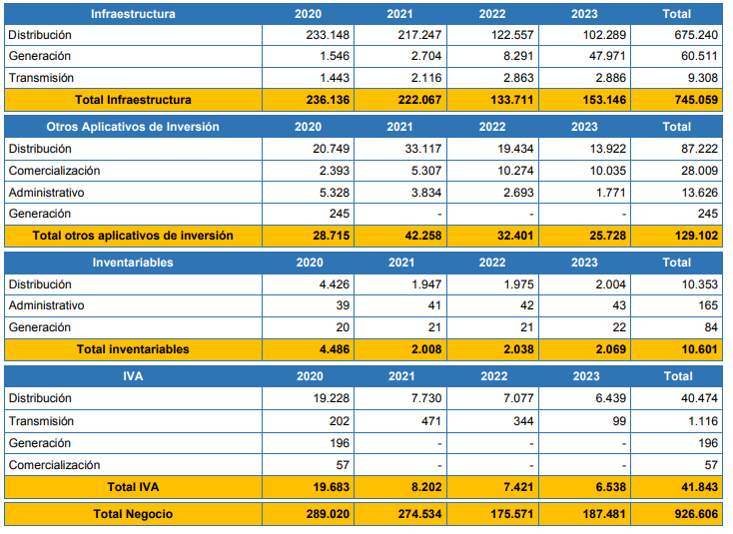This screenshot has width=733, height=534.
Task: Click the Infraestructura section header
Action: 133,14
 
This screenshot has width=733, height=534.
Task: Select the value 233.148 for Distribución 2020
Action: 328,35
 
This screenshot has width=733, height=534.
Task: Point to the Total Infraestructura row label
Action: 133,100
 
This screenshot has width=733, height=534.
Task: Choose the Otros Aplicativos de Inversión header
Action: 133,127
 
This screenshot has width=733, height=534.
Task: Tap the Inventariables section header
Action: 133,263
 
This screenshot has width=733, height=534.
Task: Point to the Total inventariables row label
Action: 133,349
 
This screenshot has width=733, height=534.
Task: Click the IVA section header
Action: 133,376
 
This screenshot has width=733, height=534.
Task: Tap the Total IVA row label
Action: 133,486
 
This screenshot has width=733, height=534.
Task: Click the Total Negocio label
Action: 133,513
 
